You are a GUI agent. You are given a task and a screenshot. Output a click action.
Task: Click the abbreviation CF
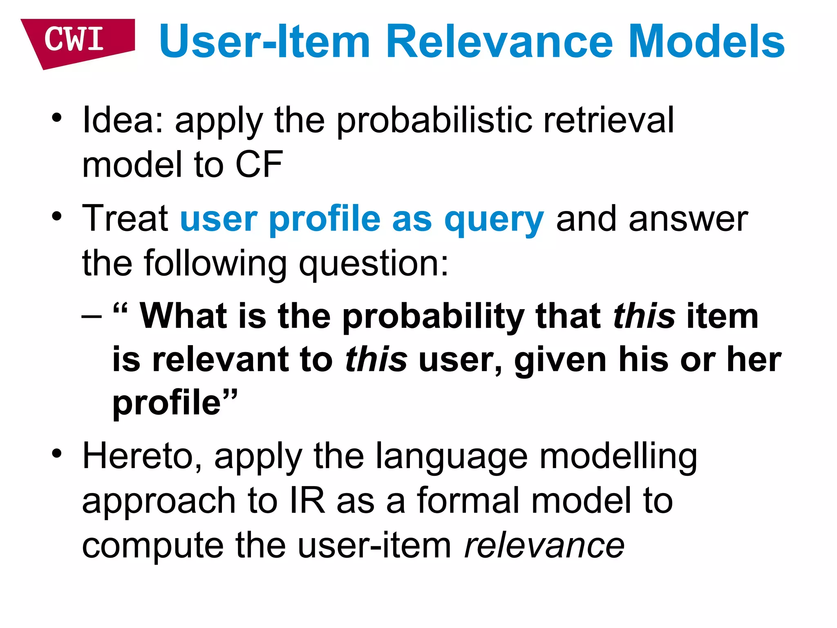tap(259, 164)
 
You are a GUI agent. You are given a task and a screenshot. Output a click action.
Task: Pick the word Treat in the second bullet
tap(125, 219)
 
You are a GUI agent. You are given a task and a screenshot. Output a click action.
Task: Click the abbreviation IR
tap(307, 500)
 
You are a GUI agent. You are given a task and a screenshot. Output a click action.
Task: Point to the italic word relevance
tap(544, 545)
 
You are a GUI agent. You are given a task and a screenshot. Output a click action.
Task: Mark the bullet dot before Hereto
tap(57, 453)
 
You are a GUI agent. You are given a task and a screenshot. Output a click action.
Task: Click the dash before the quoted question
tap(92, 317)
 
